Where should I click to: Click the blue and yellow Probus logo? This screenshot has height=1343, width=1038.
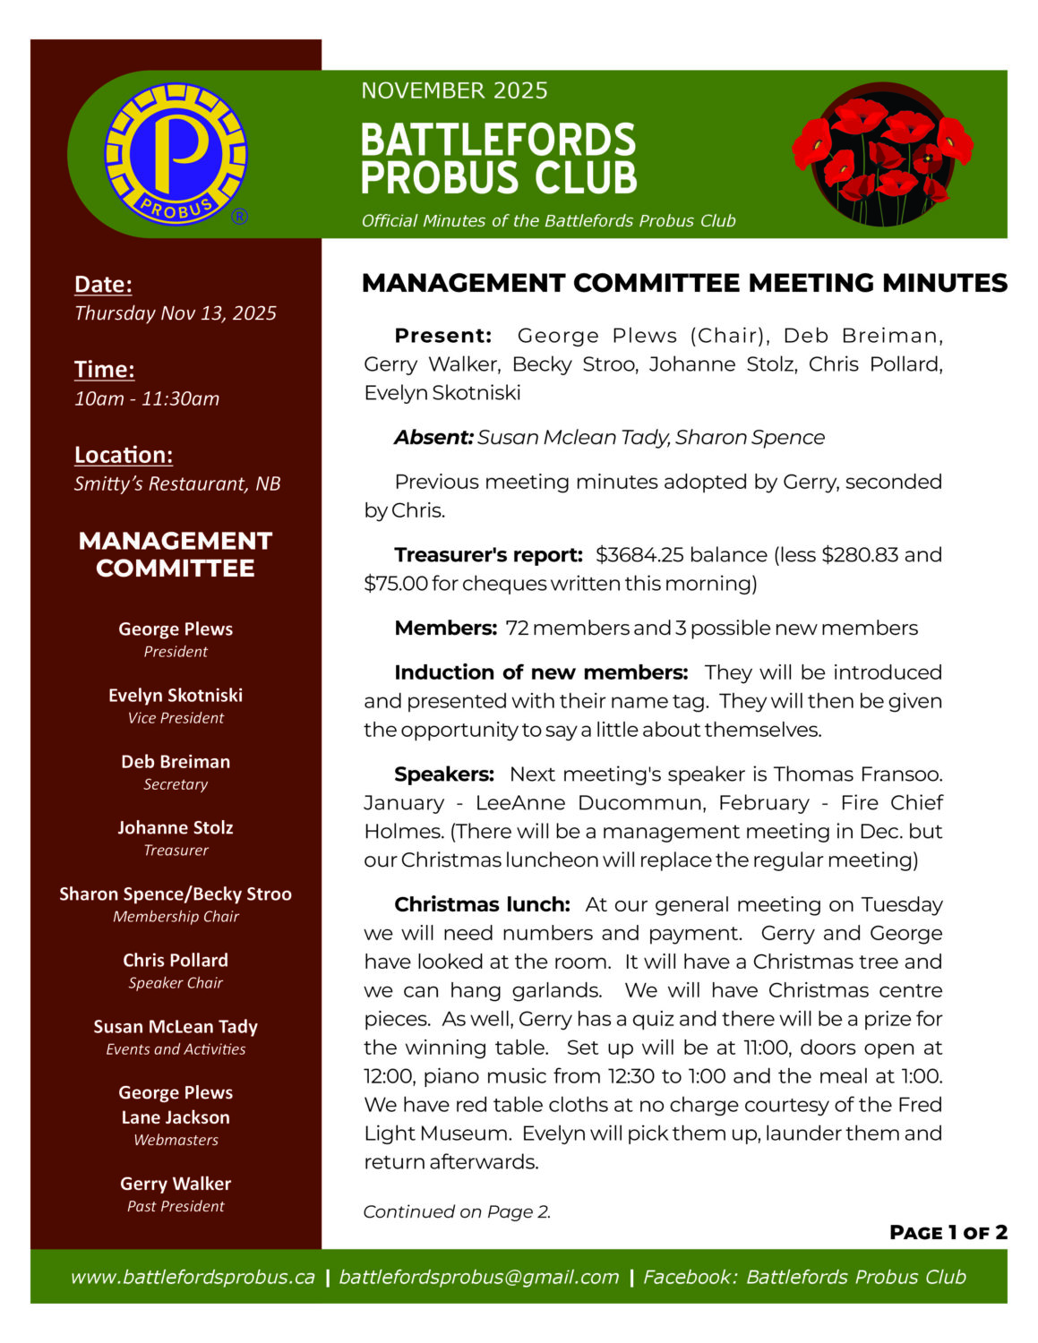pos(176,154)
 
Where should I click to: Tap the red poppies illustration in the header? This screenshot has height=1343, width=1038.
pos(881,154)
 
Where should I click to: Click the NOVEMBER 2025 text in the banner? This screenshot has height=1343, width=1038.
pos(454,90)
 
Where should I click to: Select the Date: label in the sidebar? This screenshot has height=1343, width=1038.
pos(103,285)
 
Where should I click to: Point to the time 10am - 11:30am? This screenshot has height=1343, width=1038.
pos(147,399)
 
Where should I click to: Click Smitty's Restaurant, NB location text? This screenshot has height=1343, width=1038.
pos(177,484)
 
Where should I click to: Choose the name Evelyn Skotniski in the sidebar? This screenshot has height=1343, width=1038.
pos(176,696)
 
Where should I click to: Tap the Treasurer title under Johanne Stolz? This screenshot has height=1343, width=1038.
pos(176,851)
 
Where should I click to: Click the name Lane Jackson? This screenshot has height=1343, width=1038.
pos(176,1117)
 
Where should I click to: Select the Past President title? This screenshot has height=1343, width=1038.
pos(176,1207)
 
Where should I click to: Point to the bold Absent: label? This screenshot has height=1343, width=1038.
pos(433,438)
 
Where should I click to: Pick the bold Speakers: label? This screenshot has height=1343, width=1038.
pos(444,774)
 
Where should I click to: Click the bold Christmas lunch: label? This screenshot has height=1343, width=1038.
pos(482,905)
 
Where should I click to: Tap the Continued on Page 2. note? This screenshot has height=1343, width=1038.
pos(457,1212)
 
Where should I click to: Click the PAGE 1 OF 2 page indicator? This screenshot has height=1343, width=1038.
pos(948,1233)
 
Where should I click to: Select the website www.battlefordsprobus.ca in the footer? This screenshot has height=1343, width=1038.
pos(193,1278)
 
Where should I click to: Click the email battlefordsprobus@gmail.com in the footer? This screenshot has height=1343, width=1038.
pos(479,1278)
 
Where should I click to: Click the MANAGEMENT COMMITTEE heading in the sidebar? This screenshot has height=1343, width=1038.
pos(176,554)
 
